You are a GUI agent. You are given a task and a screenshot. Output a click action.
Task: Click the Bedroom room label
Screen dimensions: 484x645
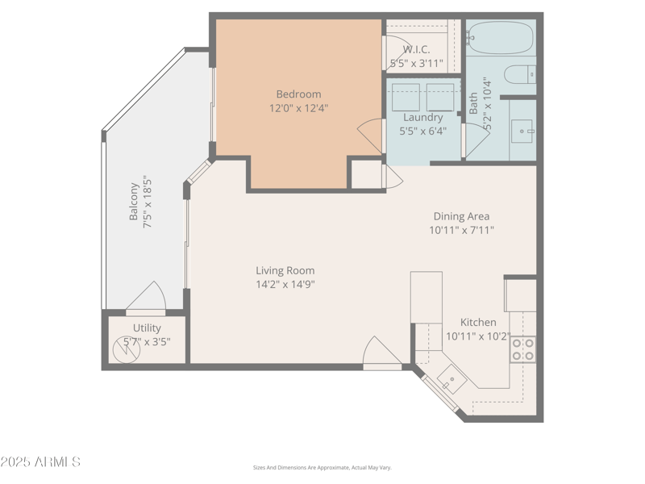click(x=298, y=94)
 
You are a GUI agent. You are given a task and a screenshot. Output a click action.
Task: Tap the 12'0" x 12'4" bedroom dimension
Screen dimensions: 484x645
click(x=298, y=107)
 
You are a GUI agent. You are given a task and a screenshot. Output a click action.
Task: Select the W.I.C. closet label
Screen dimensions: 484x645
click(x=417, y=49)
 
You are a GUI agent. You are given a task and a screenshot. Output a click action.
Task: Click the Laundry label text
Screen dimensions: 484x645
click(x=422, y=118)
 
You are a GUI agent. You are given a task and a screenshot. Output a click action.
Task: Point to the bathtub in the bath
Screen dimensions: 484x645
click(x=500, y=37)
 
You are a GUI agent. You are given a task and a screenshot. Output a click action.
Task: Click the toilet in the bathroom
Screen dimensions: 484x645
click(x=520, y=74)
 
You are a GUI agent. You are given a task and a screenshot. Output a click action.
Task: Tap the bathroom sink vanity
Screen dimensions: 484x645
click(x=522, y=128)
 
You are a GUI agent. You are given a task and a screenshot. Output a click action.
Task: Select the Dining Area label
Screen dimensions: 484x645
click(x=461, y=216)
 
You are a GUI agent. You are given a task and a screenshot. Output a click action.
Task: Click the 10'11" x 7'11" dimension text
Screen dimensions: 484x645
click(x=461, y=230)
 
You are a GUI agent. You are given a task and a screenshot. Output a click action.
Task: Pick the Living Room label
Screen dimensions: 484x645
click(x=285, y=271)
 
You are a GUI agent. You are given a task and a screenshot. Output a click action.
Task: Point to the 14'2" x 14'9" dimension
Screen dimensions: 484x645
click(x=285, y=284)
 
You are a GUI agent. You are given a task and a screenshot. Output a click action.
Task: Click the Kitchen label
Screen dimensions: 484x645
click(x=478, y=323)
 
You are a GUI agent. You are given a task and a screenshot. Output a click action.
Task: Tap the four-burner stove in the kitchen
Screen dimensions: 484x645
click(x=522, y=348)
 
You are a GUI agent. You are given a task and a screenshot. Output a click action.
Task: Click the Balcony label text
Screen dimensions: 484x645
click(x=135, y=204)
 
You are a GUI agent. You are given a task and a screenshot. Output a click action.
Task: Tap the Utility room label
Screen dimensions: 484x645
click(x=147, y=328)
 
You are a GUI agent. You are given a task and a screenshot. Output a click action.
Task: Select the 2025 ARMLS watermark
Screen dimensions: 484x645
click(x=40, y=462)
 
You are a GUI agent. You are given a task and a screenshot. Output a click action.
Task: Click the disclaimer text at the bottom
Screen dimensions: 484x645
click(x=322, y=468)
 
